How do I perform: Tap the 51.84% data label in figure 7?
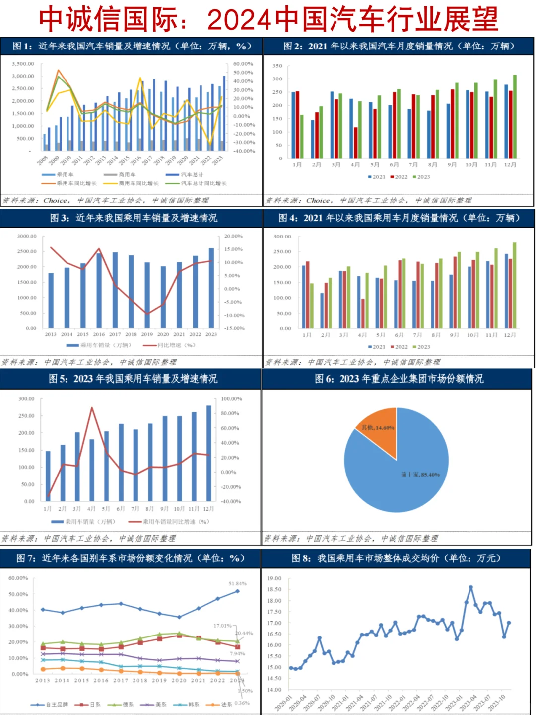237,583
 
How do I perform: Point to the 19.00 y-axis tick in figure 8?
274,578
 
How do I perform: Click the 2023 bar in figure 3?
211,288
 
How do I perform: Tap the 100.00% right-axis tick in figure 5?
231,399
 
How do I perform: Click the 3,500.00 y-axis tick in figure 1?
23,64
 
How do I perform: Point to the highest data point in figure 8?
470,587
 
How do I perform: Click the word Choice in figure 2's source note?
319,200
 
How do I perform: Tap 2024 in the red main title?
239,20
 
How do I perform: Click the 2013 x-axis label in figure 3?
51,334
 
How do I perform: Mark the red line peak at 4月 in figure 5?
92,408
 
